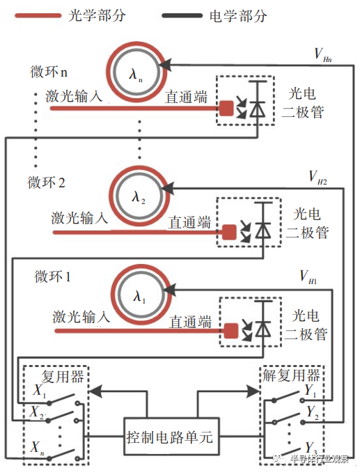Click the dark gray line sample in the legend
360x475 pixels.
point(184,15)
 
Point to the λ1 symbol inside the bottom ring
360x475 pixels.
point(140,295)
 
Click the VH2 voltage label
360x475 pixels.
point(316,180)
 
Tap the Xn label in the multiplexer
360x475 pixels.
point(38,446)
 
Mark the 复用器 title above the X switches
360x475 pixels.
point(63,376)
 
